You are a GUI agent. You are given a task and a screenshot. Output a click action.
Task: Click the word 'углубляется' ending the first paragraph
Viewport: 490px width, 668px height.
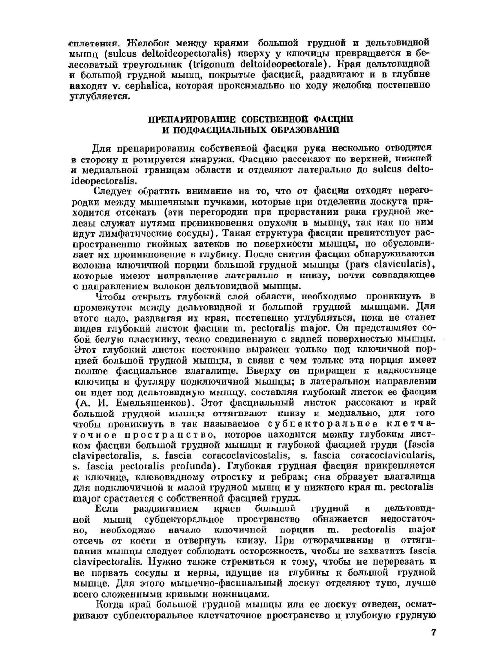(x=99, y=96)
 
